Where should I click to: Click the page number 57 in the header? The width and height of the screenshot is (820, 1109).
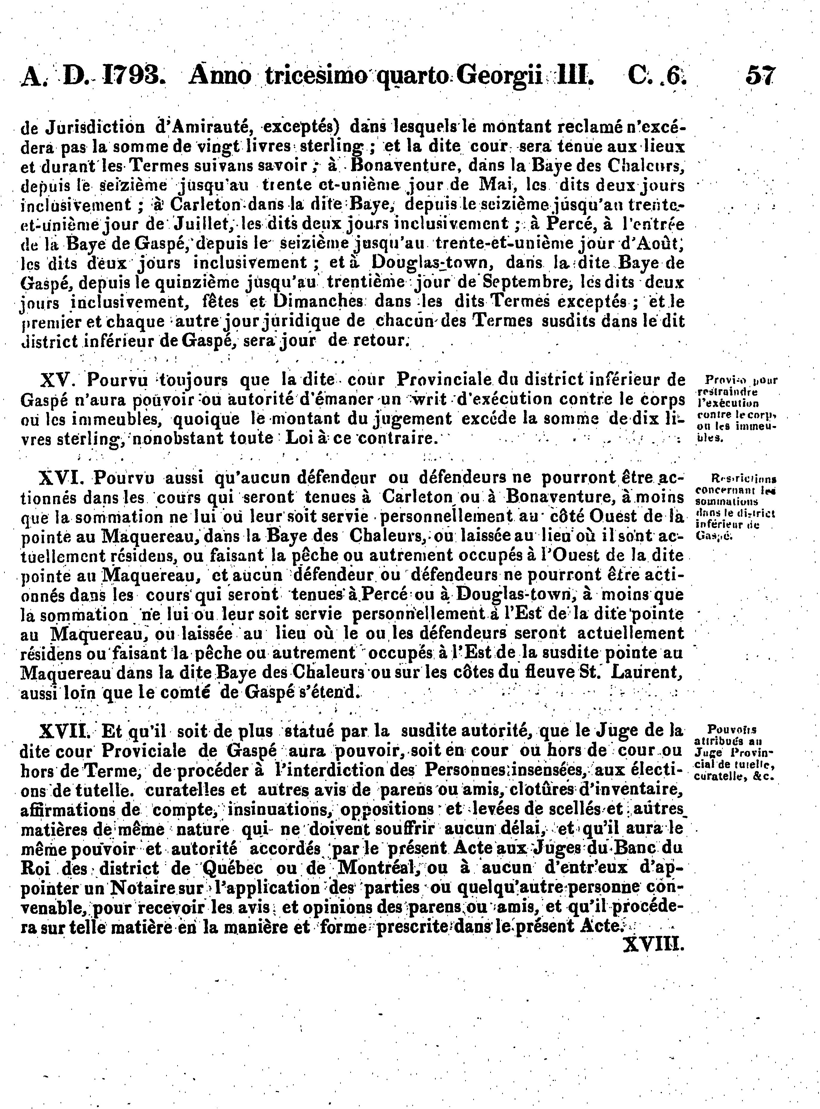pyautogui.click(x=759, y=77)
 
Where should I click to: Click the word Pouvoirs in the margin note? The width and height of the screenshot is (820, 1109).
pyautogui.click(x=732, y=729)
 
